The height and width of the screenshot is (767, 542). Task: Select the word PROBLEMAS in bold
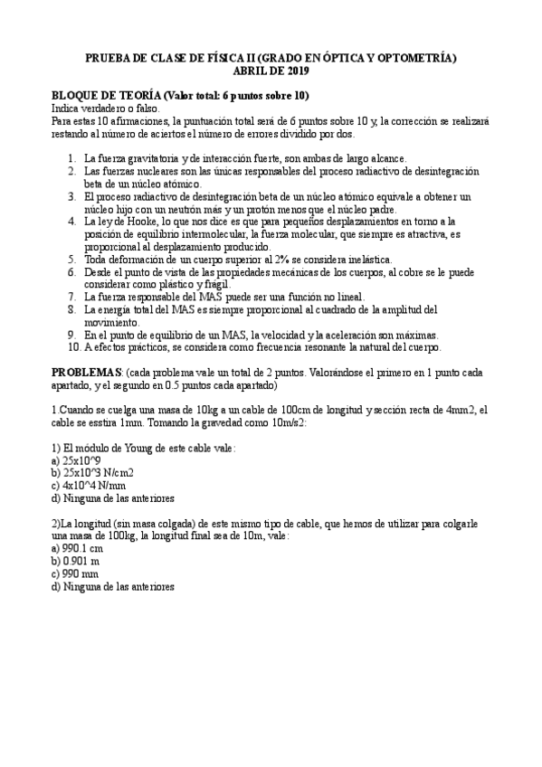coord(85,373)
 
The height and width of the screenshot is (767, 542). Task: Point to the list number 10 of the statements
coord(74,346)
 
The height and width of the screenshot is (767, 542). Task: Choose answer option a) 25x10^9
coord(76,460)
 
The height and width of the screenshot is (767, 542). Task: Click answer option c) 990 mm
coord(76,573)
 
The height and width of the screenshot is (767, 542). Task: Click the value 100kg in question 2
coord(107,535)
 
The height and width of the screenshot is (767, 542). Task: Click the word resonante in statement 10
coord(316,346)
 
